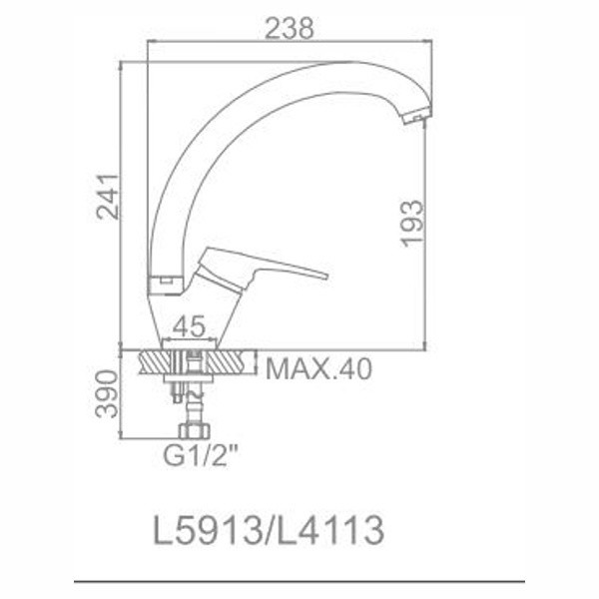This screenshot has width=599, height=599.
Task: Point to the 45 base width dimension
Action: coord(189,327)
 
